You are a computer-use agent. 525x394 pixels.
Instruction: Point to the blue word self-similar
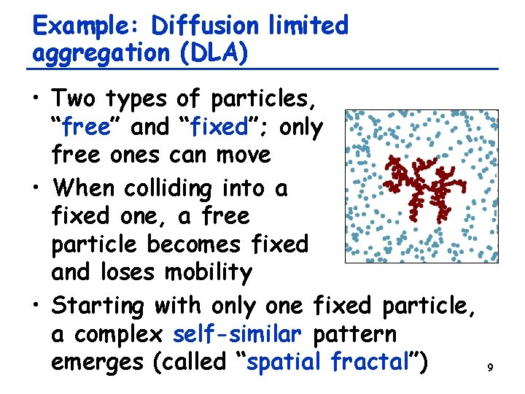point(237,335)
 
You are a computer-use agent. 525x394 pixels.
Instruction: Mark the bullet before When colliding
point(38,188)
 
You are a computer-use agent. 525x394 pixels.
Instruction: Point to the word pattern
point(354,335)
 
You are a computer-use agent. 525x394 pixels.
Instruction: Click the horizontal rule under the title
point(262,69)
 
